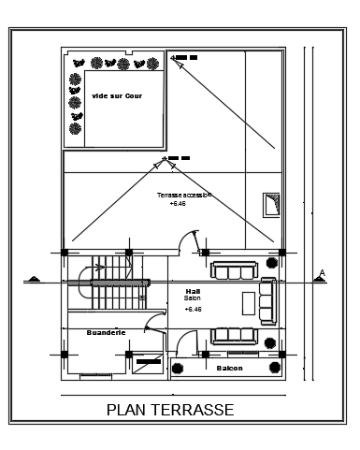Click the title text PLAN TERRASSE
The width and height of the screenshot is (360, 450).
pos(170,409)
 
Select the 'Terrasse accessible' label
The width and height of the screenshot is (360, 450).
pos(184,195)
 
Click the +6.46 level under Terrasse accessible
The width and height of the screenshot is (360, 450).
pos(178,203)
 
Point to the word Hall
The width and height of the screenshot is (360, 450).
pos(193,291)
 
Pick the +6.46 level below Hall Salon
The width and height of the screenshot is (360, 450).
pos(193,309)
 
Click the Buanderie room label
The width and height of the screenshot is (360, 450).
pos(106,331)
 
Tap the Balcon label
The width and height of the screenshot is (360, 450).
pos(229,368)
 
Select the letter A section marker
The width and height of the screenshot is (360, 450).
pos(322,274)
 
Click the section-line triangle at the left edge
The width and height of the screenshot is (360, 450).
pos(33,279)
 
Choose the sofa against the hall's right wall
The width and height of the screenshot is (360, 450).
pos(268,300)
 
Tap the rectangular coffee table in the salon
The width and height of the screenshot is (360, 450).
pos(249,303)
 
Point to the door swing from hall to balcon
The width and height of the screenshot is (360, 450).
pos(183,345)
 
